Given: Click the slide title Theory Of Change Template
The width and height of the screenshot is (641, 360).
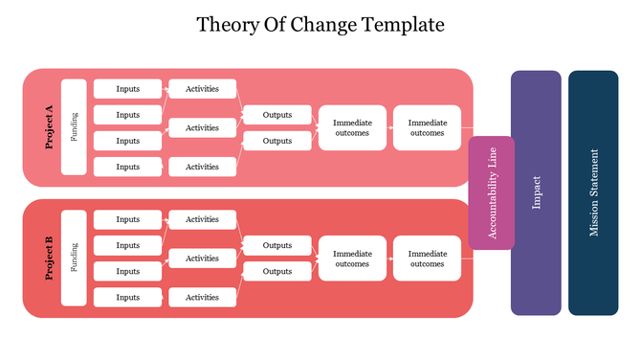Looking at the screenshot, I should click(320, 24).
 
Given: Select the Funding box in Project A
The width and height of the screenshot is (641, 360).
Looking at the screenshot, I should click(74, 127).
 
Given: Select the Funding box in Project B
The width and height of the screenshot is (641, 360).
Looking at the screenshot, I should click(74, 258).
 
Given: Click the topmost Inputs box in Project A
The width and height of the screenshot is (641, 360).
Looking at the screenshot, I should click(127, 89).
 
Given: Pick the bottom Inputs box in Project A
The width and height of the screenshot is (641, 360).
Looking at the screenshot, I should click(127, 167).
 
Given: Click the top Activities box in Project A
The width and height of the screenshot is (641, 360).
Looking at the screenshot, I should click(202, 89).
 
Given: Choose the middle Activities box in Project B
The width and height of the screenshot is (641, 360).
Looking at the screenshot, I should click(202, 258).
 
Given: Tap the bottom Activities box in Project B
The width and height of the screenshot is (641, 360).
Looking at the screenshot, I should click(202, 297).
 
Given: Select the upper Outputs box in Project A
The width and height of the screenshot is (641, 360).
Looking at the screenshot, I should click(277, 115).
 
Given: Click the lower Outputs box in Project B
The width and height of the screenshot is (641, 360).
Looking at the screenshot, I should click(277, 271).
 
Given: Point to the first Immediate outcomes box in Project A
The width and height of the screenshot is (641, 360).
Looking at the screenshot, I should click(352, 127).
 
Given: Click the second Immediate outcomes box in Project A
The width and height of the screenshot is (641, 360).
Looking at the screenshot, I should click(427, 127).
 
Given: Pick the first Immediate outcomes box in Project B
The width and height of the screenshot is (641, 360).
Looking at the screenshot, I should click(352, 258).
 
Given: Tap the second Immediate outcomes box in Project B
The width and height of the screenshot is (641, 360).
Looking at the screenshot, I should click(427, 258).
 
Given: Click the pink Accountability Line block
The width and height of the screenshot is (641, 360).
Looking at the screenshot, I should click(492, 192).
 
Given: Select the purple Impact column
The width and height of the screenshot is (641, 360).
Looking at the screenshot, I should click(536, 192).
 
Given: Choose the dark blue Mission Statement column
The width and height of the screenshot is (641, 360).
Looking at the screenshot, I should click(593, 192).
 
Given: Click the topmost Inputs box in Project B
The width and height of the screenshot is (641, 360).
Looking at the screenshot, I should click(127, 219).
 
